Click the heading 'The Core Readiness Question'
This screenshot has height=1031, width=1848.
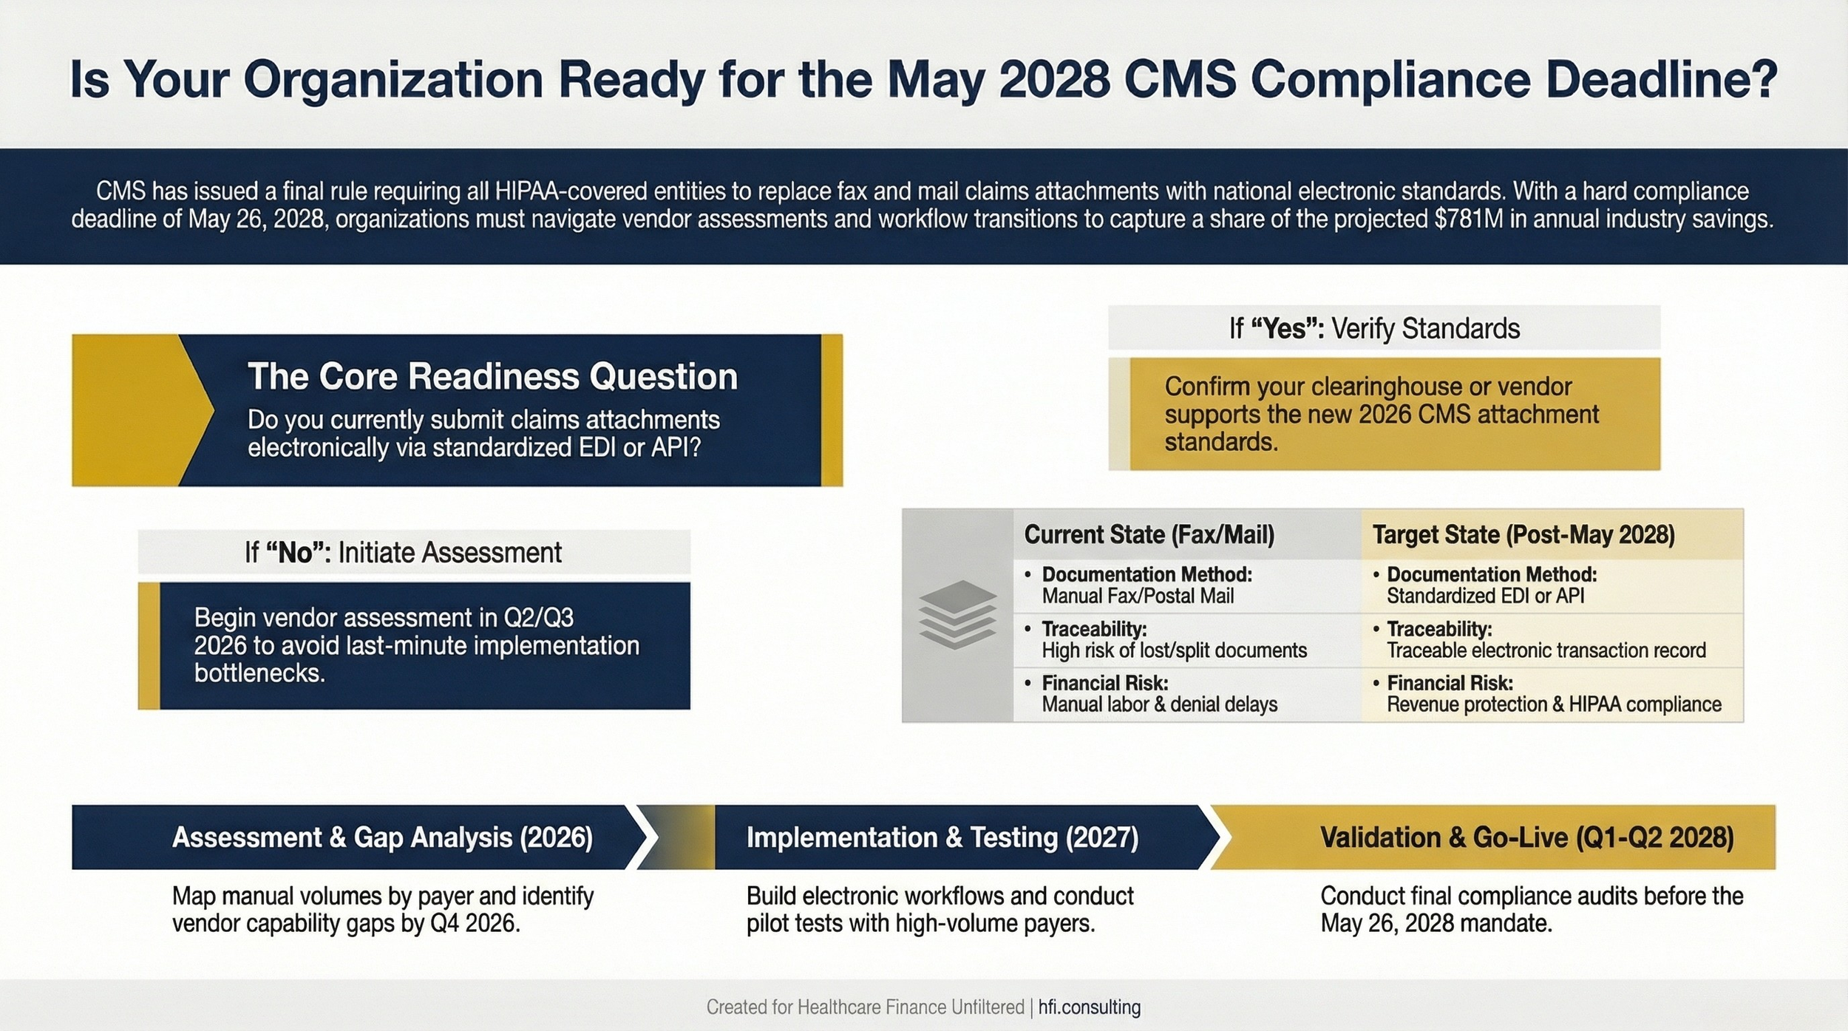pos(492,377)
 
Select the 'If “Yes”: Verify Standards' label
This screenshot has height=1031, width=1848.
pos(1374,329)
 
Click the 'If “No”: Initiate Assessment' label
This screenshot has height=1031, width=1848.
pos(403,553)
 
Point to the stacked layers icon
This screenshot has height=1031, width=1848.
pos(957,615)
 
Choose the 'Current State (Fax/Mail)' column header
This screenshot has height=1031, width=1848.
pos(1149,534)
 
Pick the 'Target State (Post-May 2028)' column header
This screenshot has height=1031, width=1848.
pos(1523,534)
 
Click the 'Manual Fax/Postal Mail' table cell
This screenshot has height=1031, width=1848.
pos(1138,596)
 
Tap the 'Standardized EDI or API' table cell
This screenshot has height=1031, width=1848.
pos(1485,596)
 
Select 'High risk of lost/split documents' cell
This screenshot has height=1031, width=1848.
pos(1174,650)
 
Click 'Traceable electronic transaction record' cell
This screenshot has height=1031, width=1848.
pos(1546,650)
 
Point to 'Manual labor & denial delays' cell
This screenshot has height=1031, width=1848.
pos(1159,704)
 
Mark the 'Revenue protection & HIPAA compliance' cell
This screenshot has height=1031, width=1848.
pos(1554,704)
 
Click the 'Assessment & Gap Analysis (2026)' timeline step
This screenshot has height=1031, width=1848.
pos(382,837)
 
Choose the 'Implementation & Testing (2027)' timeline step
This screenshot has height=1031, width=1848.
pos(942,837)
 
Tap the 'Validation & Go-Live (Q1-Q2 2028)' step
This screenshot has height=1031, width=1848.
pos(1526,837)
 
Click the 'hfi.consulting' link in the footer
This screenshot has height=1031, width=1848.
pos(1090,1007)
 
